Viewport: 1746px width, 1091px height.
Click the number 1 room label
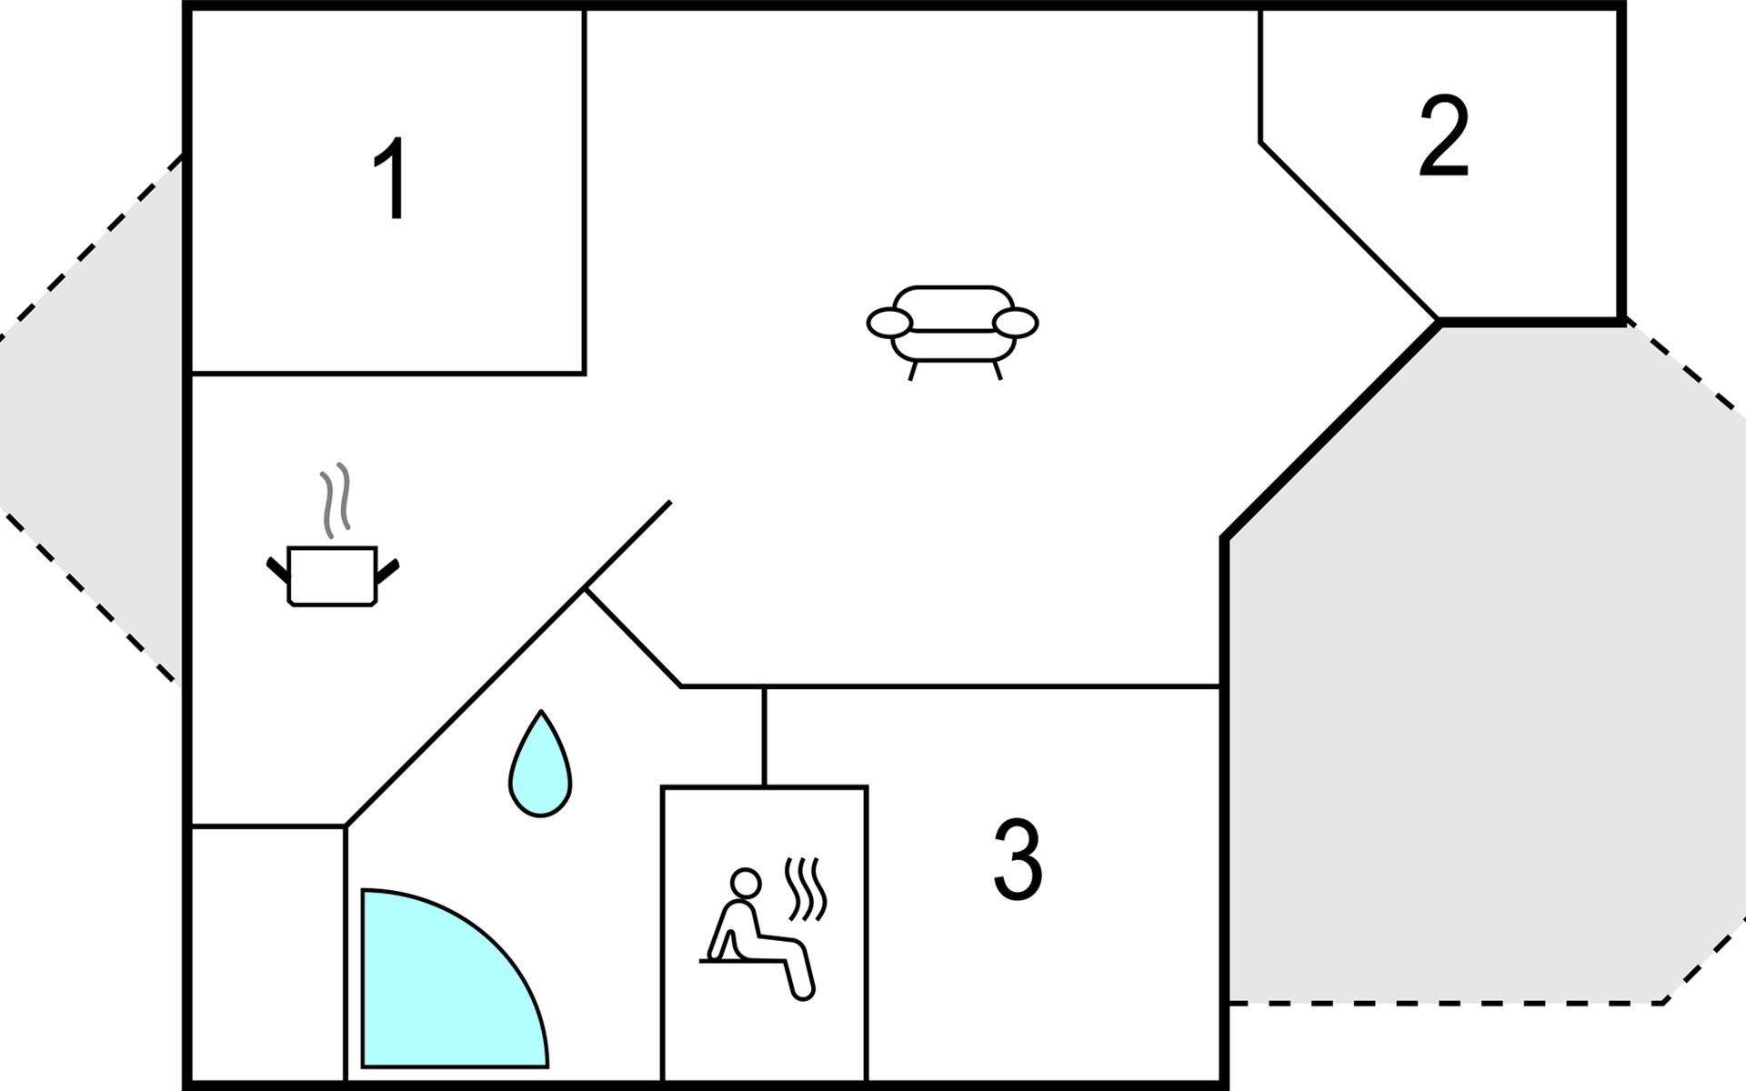point(392,178)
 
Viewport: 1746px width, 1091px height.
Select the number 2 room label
point(1444,136)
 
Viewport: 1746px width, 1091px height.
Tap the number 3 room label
point(1018,860)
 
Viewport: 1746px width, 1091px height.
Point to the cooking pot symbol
point(333,576)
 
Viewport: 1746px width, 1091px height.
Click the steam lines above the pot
point(335,500)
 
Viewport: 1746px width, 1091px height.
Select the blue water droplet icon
point(541,765)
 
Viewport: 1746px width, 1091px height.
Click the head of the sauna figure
point(746,883)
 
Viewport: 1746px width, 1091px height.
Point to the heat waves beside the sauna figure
point(806,888)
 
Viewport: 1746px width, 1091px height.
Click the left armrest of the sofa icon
point(889,322)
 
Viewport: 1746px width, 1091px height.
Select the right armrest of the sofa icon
point(1015,322)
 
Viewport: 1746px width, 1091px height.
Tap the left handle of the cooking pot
point(277,571)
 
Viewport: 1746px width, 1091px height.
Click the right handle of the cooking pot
point(388,571)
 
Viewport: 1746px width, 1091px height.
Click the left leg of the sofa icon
point(914,370)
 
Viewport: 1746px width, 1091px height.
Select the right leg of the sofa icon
point(998,370)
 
